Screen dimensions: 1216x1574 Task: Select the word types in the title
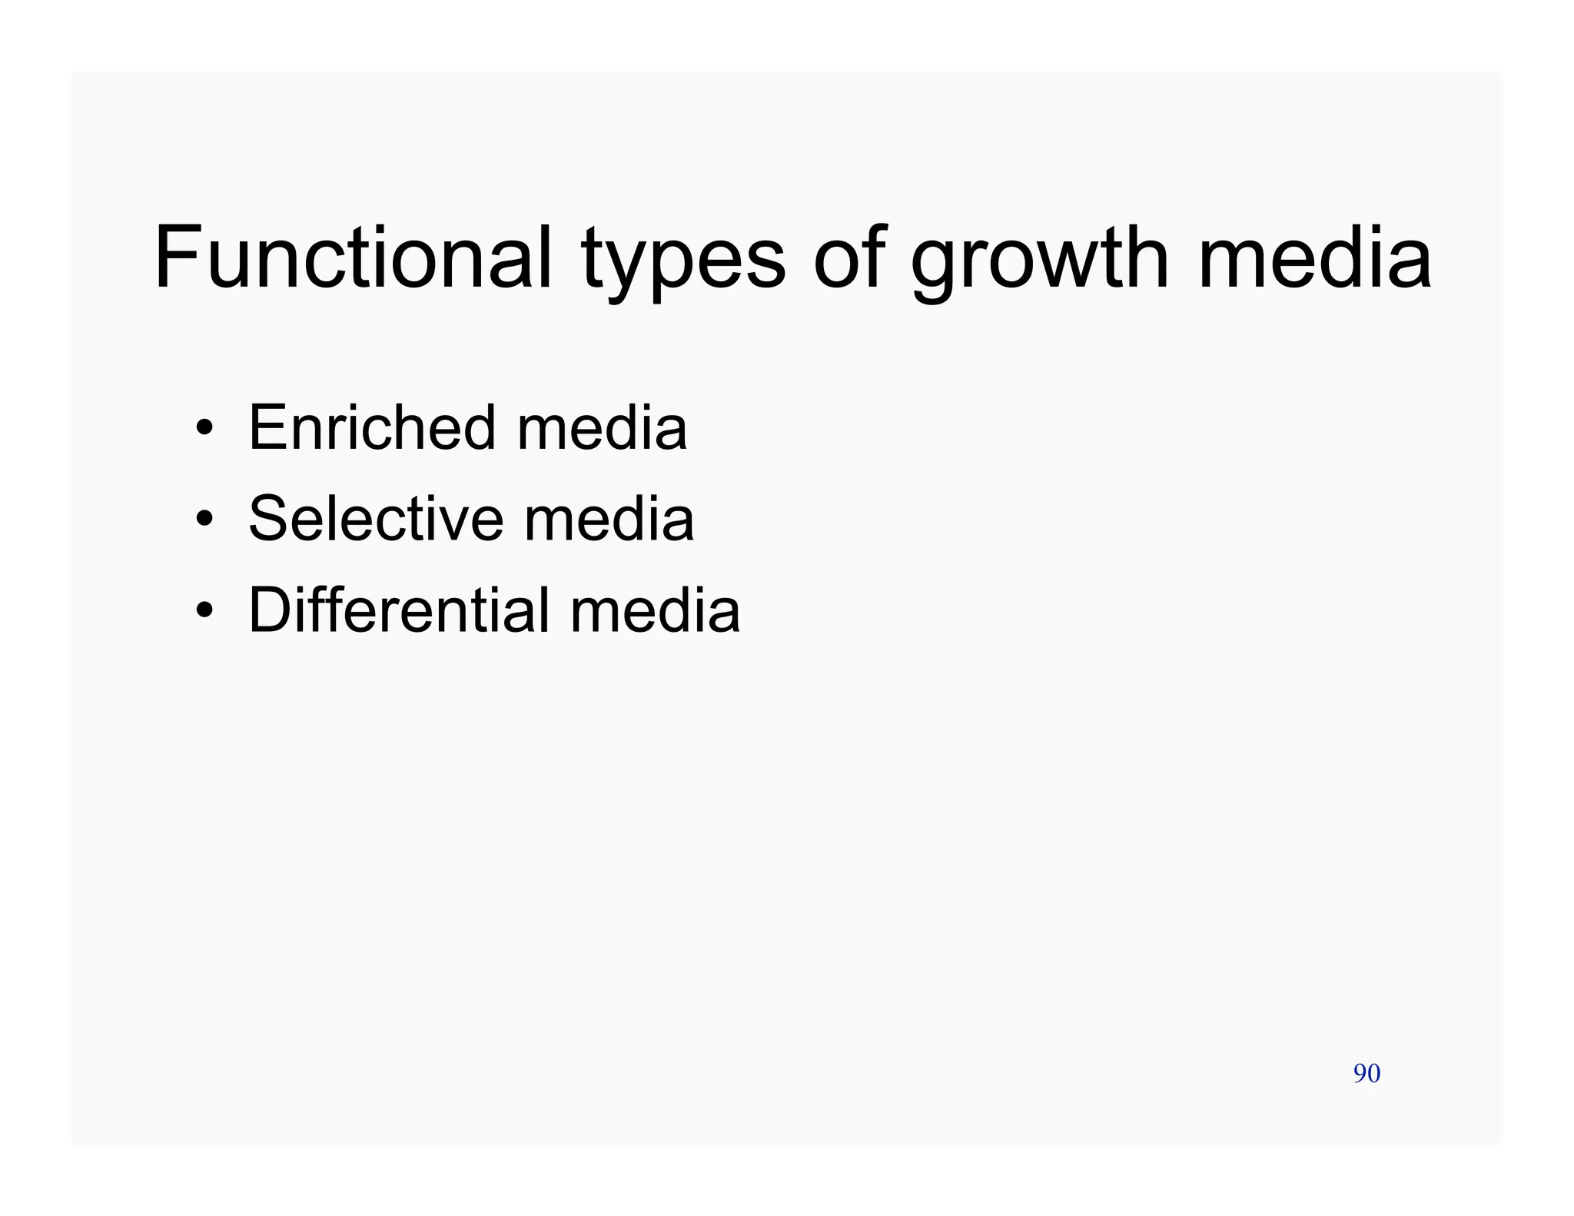click(x=682, y=261)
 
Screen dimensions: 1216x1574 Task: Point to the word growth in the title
click(x=1039, y=261)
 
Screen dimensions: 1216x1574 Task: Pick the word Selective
click(x=376, y=519)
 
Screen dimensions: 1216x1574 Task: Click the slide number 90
click(x=1366, y=1073)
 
